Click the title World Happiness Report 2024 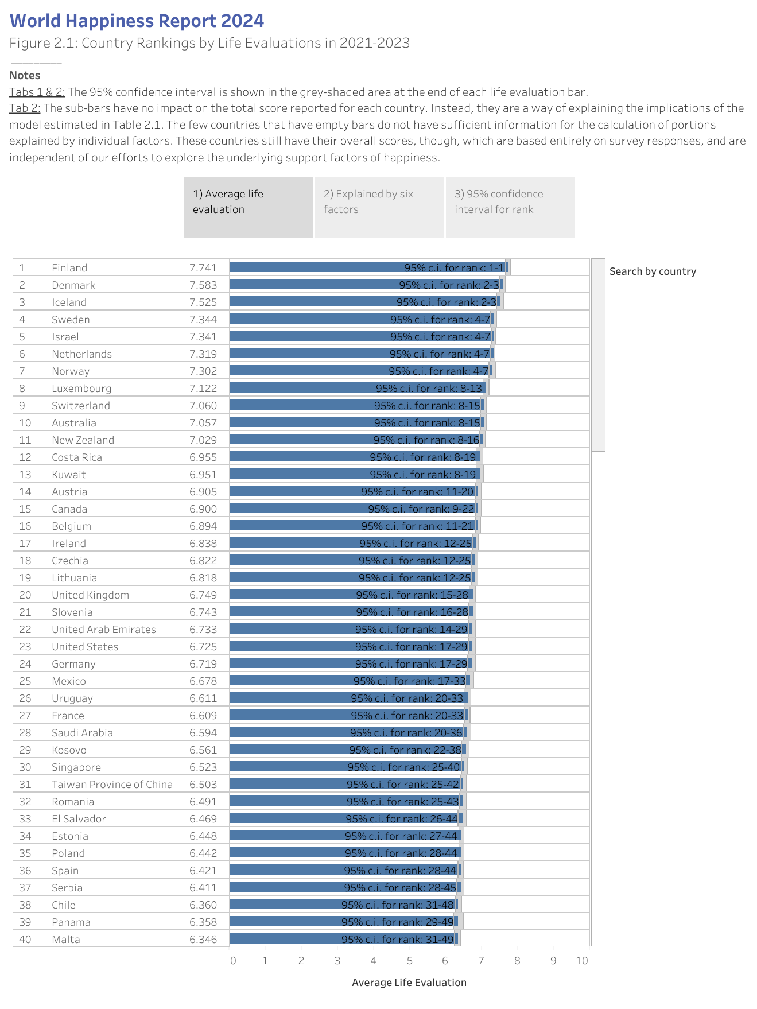[x=137, y=21]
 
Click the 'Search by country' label [x=652, y=271]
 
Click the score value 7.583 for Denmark [x=203, y=285]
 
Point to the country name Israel [x=65, y=337]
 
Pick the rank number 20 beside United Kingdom [x=25, y=595]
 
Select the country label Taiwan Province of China [x=112, y=785]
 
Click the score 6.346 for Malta [x=203, y=940]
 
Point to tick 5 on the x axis [x=409, y=961]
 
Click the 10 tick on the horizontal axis [x=581, y=961]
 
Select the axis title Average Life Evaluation [x=409, y=983]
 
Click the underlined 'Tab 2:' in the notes [x=24, y=108]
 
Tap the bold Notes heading [x=25, y=75]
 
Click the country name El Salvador [x=79, y=819]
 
